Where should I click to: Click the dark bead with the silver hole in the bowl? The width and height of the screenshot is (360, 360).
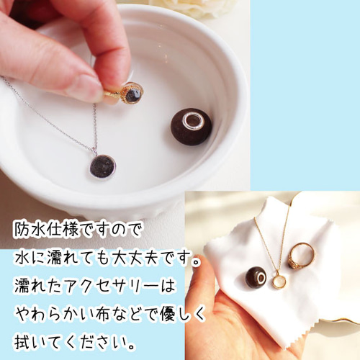[x=192, y=127]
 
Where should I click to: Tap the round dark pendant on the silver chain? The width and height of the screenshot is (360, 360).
[x=102, y=166]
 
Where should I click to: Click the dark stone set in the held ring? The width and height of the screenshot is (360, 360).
[x=134, y=92]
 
